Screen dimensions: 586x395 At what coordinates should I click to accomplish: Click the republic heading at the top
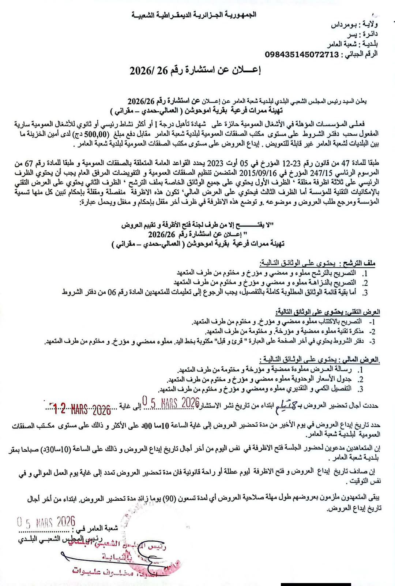pos(194,15)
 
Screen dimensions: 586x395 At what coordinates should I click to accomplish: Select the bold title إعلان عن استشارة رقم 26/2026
pos(195,71)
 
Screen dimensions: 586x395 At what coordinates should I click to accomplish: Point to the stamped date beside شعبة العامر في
pos(46,522)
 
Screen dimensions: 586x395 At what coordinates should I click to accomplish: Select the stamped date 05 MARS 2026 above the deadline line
pos(170,403)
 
